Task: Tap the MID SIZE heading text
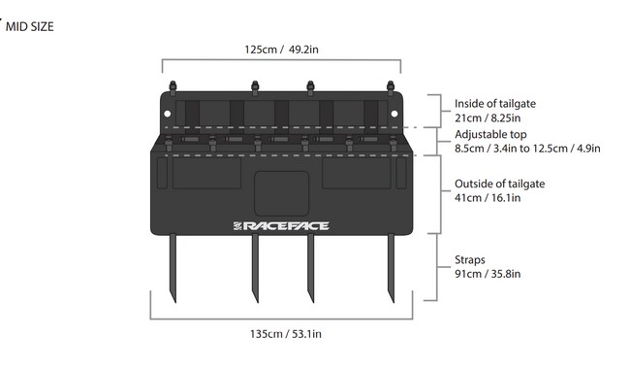click(x=29, y=26)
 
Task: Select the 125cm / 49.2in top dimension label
click(x=280, y=49)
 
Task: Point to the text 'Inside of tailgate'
click(x=495, y=104)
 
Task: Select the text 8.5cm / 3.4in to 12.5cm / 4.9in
click(x=527, y=149)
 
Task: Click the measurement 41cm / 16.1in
click(x=488, y=198)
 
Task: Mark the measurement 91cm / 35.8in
click(x=488, y=274)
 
